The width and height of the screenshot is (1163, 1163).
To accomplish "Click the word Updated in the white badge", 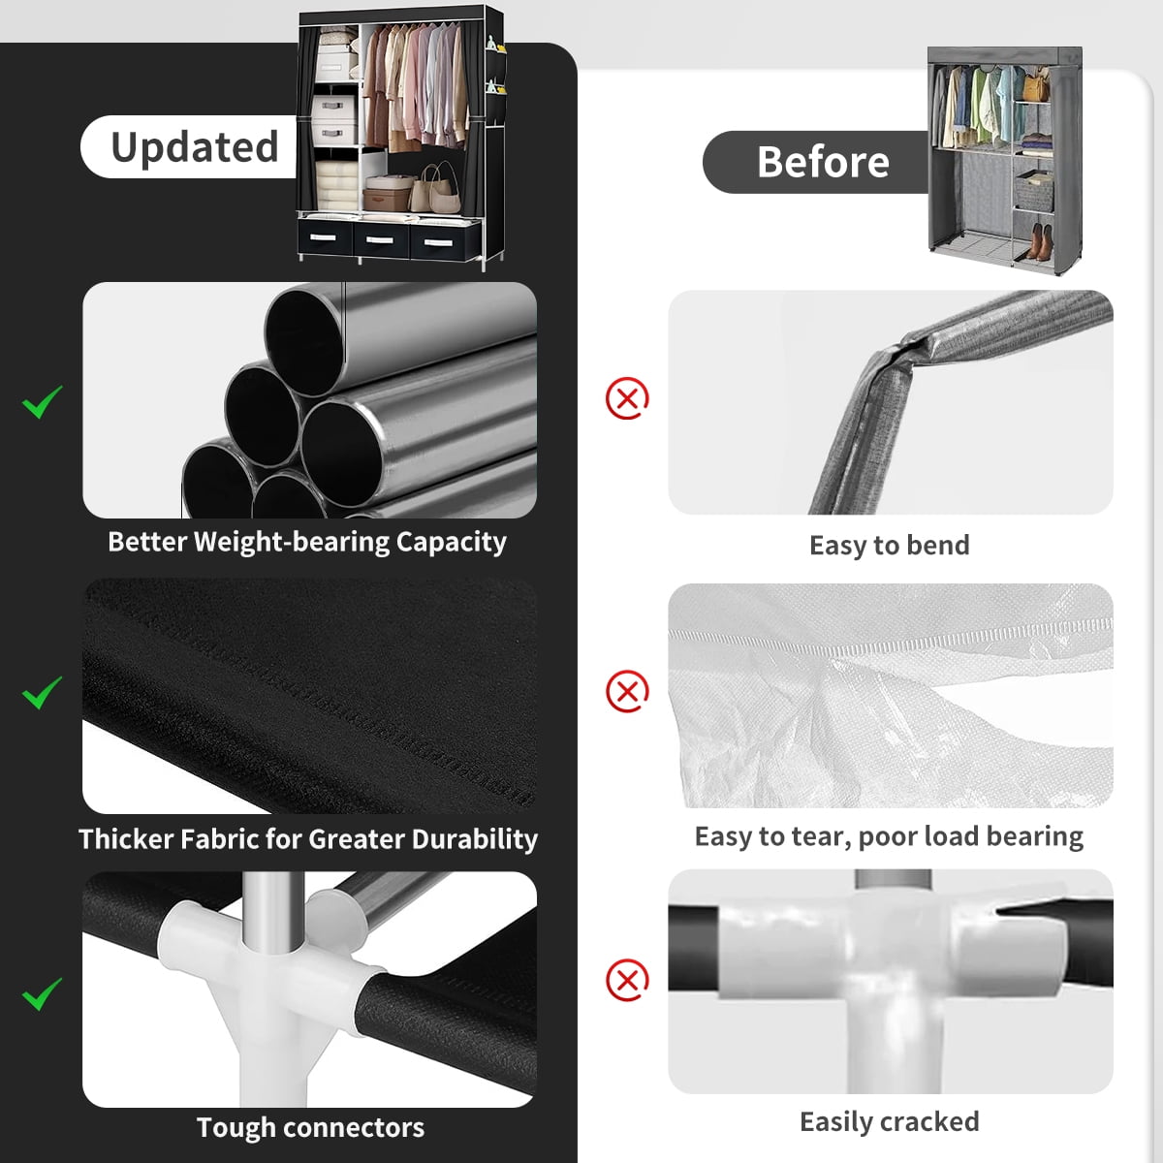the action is point(195,147).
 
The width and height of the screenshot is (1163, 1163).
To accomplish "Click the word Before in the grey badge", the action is point(823,162).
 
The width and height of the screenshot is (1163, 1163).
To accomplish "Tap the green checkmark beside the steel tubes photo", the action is point(43,401).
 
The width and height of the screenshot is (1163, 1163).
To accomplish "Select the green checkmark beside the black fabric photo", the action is point(43,692).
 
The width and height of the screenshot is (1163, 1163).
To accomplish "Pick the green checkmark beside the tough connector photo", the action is point(43,993).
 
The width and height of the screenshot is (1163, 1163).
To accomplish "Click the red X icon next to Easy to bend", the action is point(627,398).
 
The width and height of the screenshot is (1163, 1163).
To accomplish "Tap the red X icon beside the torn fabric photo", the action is point(627,690).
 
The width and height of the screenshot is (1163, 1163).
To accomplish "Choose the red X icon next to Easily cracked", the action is point(627,980).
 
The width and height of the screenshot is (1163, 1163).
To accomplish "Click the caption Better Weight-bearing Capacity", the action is point(307,543).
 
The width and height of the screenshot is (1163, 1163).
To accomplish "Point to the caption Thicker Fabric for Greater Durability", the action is point(308,839).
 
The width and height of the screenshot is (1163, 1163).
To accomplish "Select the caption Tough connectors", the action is point(310,1127).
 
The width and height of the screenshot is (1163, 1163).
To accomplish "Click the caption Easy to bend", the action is point(890,546).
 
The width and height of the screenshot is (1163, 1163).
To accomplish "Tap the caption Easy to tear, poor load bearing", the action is point(889,836).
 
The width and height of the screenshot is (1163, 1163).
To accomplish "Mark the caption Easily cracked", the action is point(890,1122).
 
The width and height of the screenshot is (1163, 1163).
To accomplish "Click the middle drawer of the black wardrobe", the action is point(380,239).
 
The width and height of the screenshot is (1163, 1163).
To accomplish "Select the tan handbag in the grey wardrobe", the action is point(1036,87).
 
